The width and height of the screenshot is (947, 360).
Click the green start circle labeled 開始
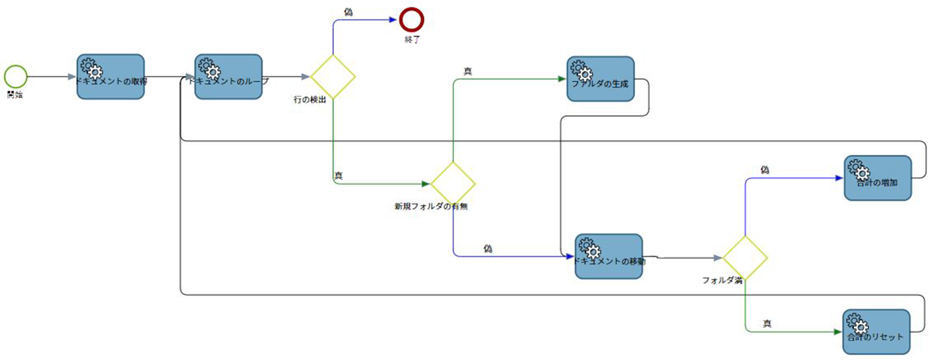tap(16, 76)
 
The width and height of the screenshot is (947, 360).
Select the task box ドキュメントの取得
tap(110, 76)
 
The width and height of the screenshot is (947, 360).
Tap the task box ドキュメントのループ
tap(228, 76)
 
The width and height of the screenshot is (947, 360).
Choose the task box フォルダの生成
tap(600, 79)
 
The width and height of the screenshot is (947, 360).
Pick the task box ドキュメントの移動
tap(608, 256)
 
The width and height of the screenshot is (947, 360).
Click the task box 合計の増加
tap(877, 178)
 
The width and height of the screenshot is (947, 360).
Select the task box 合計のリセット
tap(875, 332)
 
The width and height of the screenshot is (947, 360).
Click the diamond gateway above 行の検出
tap(333, 76)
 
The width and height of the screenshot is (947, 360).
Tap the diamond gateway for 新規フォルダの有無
tap(453, 182)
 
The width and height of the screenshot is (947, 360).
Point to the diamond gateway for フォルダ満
tap(745, 258)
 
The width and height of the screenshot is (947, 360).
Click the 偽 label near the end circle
tap(348, 12)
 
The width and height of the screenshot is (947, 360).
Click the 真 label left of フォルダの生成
tap(468, 71)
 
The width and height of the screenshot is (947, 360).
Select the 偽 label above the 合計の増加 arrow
tap(765, 169)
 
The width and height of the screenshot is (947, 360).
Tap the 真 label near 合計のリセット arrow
tap(767, 323)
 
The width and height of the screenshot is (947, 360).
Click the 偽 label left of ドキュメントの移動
tap(488, 248)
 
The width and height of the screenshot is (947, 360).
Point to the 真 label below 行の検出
tap(339, 175)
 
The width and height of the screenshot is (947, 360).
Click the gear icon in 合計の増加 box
tap(858, 171)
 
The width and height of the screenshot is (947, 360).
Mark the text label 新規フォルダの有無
tap(431, 206)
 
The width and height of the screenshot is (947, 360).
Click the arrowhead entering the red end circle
tap(393, 21)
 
